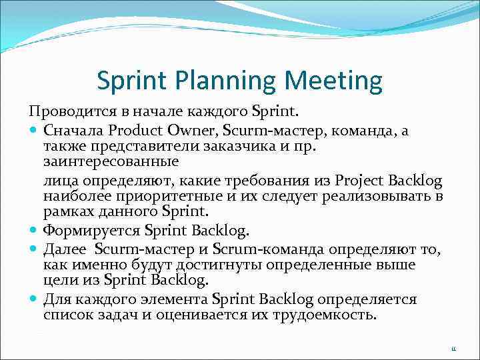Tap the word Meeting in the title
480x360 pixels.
(x=333, y=82)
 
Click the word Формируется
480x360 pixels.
(x=91, y=231)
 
